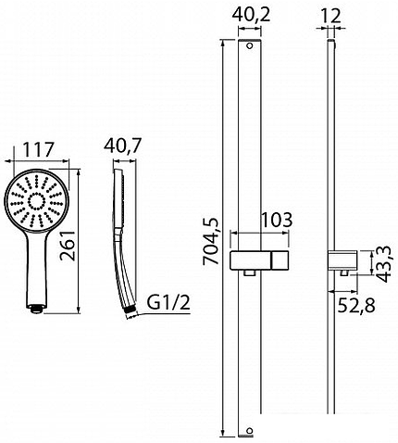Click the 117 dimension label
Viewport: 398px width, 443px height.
pyautogui.click(x=39, y=149)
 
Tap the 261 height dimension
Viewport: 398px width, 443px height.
pyautogui.click(x=68, y=246)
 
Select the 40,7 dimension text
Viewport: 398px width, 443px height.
pyautogui.click(x=123, y=146)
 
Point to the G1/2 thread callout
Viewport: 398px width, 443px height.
pyautogui.click(x=168, y=303)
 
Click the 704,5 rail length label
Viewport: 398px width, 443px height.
pyautogui.click(x=210, y=241)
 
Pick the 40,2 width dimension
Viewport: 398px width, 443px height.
pyautogui.click(x=251, y=15)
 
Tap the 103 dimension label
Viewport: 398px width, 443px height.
pyautogui.click(x=277, y=220)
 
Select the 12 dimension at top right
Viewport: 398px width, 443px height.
pyautogui.click(x=330, y=16)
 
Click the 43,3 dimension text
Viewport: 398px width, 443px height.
pyautogui.click(x=384, y=264)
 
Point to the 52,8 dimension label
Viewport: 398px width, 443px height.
pyautogui.click(x=356, y=306)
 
